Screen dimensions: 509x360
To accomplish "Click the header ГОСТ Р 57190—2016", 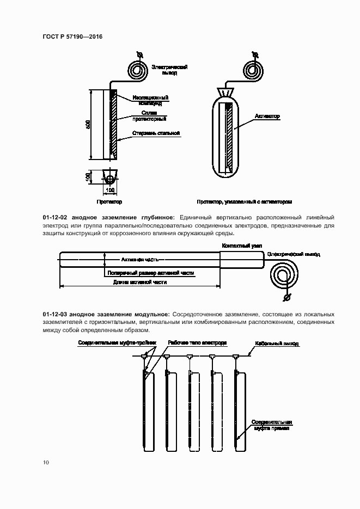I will [72, 36].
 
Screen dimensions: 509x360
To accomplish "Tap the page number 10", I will [46, 463].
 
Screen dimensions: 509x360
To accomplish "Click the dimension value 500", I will [88, 125].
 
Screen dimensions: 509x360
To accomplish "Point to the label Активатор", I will [267, 116].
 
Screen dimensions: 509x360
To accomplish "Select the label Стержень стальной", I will [156, 133].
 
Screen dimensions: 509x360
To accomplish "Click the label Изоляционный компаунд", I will [150, 100].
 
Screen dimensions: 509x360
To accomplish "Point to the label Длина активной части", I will [139, 283].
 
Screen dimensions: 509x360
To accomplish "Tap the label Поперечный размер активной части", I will [151, 273].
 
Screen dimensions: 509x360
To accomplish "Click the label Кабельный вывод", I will [277, 345].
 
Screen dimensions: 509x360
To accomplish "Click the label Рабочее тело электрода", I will [197, 343].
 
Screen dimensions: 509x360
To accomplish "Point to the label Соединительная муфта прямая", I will [272, 425].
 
